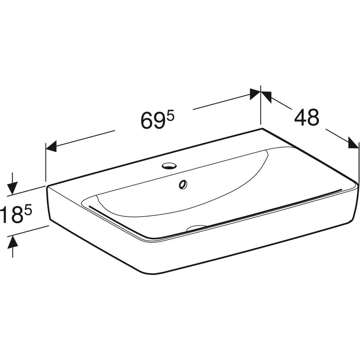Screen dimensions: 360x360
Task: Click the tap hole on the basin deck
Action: coord(170,166)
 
